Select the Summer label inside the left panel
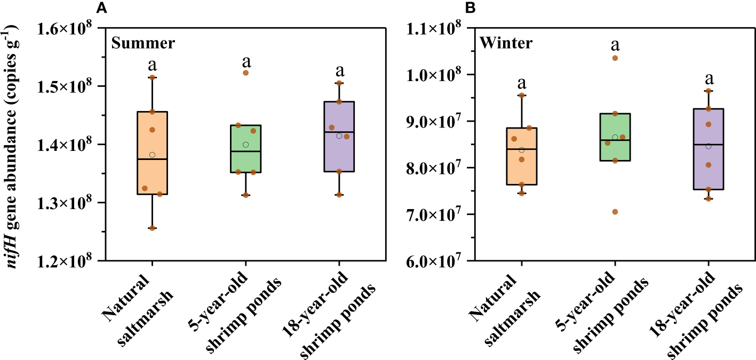(143, 43)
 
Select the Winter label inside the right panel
(506, 43)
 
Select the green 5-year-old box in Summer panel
(245, 149)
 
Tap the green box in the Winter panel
(615, 137)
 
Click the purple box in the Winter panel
(708, 149)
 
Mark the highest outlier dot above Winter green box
(615, 58)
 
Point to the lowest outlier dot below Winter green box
(615, 212)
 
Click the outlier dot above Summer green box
(245, 73)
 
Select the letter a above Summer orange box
(152, 65)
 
